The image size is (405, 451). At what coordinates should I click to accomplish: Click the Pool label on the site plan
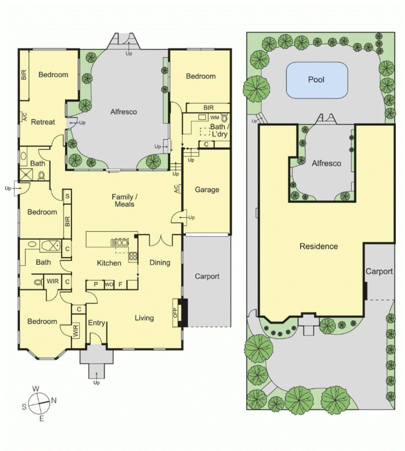316,80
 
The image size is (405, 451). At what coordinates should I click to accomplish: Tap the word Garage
207,190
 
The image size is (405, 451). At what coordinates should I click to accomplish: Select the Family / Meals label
124,200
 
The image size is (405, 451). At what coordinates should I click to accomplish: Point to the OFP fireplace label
175,313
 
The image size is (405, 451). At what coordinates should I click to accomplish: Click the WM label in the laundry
214,118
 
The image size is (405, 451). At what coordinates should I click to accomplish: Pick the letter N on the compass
54,400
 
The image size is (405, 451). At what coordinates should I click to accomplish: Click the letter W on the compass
36,389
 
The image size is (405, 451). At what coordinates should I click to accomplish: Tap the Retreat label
43,122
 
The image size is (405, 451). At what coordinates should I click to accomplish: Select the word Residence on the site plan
319,246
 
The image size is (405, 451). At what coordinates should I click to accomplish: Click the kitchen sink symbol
120,242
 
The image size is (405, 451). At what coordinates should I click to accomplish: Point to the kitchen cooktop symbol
133,256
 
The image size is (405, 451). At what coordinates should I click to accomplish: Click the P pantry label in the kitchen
96,284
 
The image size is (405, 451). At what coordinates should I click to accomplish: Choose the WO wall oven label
109,284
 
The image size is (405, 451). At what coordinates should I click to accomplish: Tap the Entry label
97,323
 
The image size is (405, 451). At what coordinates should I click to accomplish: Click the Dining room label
160,263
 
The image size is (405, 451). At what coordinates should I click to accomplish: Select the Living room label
144,318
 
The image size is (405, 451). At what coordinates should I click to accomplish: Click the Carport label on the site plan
379,271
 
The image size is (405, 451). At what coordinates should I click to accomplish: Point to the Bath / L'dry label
219,131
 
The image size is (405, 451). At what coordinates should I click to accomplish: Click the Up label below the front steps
97,383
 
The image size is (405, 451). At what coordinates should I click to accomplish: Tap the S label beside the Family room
67,196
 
